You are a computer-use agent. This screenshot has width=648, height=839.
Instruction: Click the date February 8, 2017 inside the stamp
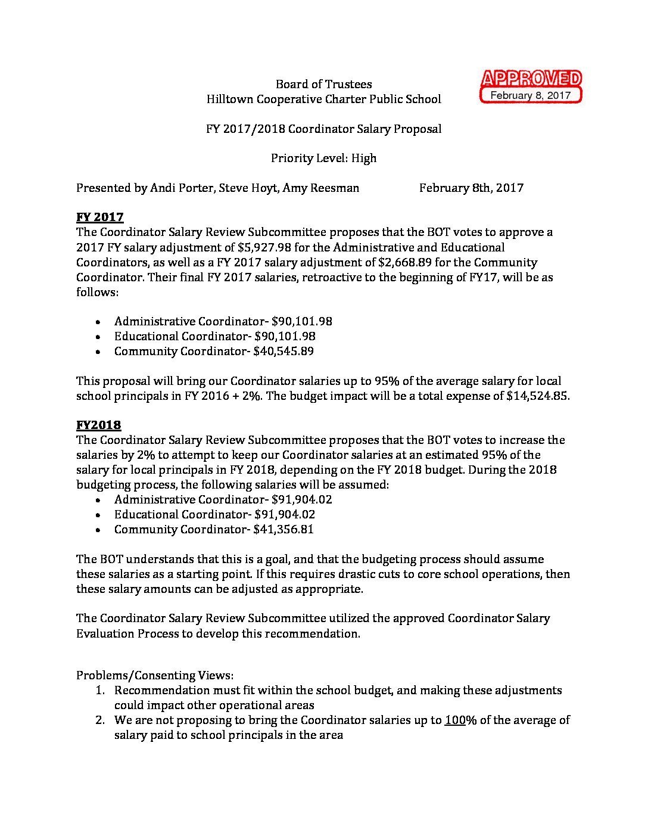(x=530, y=95)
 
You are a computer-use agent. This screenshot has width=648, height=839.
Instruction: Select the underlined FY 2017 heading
(x=99, y=217)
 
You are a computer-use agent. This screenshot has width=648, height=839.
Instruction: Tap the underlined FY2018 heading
(x=98, y=425)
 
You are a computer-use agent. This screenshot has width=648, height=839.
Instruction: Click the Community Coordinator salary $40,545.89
(x=283, y=351)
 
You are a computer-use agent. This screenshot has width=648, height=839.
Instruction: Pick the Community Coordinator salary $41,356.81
(x=283, y=529)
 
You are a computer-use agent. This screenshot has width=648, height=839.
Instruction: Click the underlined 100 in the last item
(x=455, y=720)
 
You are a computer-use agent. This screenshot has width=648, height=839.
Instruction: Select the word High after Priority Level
(x=364, y=158)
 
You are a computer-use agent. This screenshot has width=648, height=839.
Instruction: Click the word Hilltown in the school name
(x=230, y=99)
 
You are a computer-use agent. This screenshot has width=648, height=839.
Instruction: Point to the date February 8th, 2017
(x=471, y=188)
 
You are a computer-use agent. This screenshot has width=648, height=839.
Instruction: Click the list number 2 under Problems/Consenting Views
(x=100, y=720)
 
